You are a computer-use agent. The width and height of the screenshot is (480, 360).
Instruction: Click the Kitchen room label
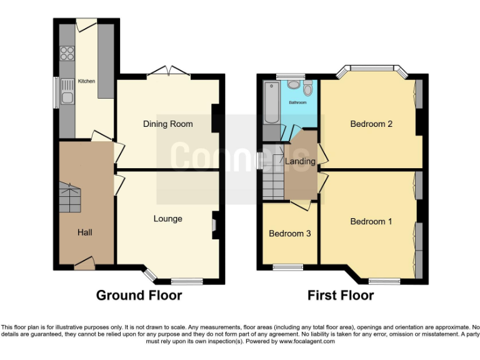86,81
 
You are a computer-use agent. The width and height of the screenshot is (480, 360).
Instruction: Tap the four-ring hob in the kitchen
66,53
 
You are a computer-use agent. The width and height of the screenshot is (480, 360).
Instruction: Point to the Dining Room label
167,124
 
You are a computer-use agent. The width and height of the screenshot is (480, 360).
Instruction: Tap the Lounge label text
167,219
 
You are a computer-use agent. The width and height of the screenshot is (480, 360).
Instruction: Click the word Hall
85,232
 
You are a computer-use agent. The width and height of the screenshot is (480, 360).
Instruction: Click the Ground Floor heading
139,295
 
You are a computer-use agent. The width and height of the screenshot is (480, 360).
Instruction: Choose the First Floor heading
341,295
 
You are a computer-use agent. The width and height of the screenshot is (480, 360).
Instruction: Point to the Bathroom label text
297,102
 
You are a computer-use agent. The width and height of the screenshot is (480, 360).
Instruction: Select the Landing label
300,161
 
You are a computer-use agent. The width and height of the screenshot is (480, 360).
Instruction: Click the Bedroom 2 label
371,124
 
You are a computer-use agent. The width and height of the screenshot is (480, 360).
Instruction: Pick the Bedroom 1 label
371,221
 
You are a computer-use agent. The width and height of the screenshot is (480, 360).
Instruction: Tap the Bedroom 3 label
290,234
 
